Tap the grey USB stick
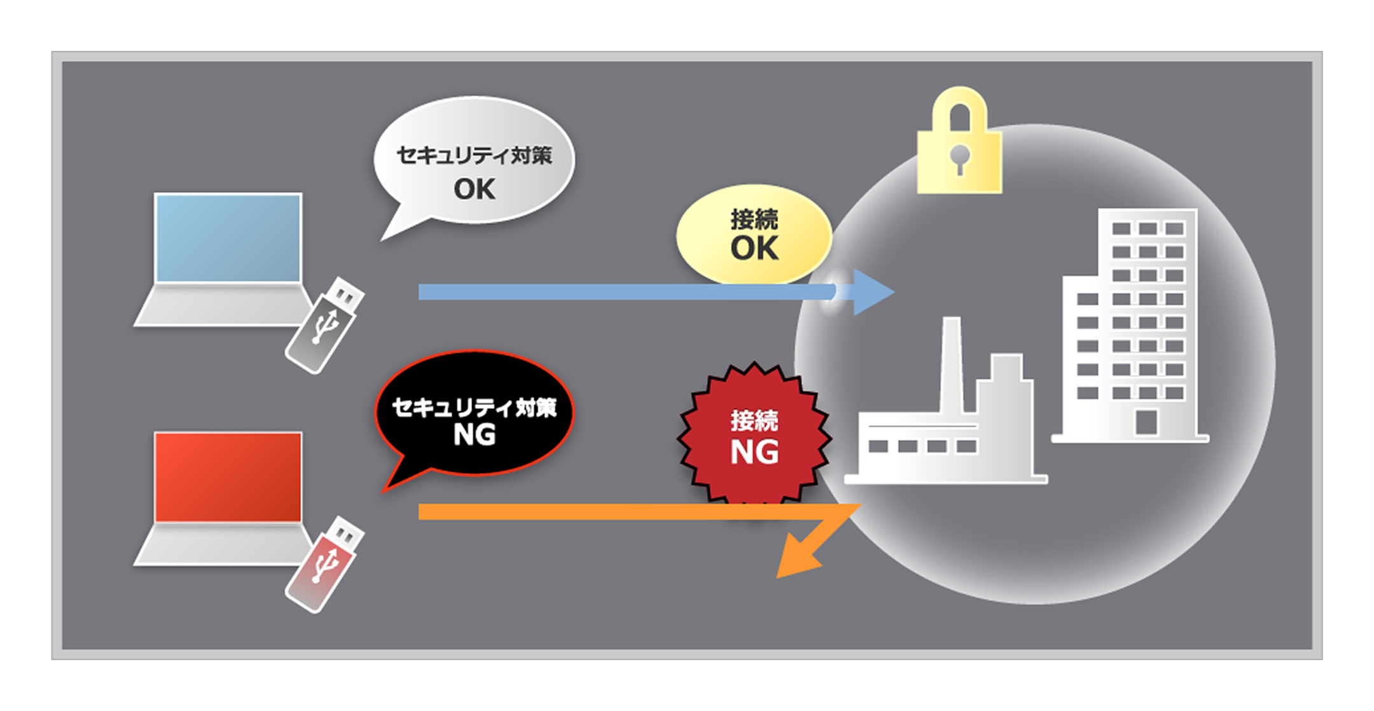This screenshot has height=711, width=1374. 324,324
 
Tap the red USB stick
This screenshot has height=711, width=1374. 324,564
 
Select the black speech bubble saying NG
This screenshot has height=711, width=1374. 475,413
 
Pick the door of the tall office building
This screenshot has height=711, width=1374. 1146,422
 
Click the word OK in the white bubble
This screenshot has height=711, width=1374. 475,189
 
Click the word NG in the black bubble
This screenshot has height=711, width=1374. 475,435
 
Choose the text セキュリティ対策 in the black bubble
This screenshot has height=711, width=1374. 475,408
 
